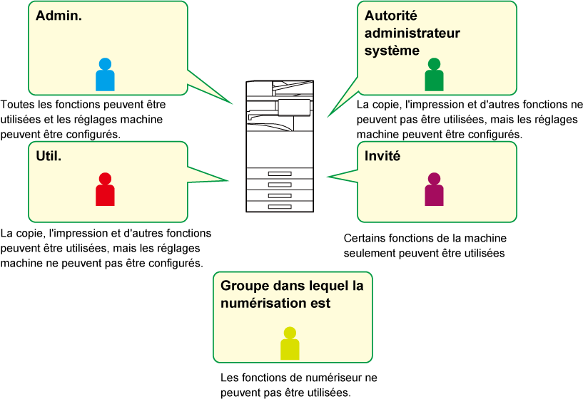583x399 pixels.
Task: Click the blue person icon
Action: click(105, 75)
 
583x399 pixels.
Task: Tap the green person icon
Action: click(434, 75)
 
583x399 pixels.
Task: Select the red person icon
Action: click(105, 190)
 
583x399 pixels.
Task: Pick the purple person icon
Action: click(434, 190)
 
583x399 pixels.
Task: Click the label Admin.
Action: click(59, 16)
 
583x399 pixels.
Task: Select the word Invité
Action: click(382, 155)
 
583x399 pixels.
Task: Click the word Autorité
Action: click(390, 16)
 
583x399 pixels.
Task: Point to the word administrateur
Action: click(412, 33)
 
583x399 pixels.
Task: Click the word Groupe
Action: click(245, 286)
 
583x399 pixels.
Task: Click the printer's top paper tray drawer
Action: click(280, 174)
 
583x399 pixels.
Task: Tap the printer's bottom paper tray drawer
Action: click(280, 206)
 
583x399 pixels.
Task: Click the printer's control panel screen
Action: click(294, 107)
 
